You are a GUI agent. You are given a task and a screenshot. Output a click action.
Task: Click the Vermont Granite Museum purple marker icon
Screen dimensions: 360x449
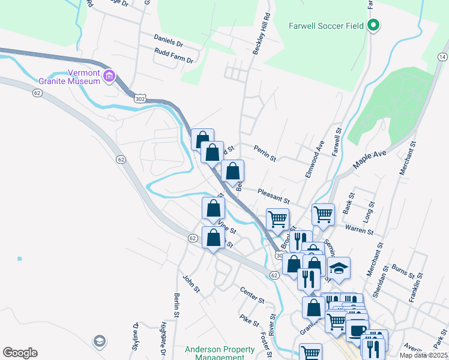click(x=109, y=76)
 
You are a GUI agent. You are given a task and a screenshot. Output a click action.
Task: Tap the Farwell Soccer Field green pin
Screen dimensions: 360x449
click(x=373, y=25)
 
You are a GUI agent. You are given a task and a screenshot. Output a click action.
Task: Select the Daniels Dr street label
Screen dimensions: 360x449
click(x=168, y=43)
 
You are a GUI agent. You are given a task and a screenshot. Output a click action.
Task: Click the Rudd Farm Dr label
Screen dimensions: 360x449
click(x=173, y=60)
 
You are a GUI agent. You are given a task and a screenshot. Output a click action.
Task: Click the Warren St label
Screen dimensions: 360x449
click(x=360, y=229)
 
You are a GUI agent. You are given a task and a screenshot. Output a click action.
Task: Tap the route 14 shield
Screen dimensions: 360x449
click(x=442, y=56)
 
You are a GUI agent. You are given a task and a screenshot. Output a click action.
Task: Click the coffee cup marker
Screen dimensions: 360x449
click(x=357, y=330)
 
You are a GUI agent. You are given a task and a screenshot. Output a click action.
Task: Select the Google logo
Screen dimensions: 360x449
click(x=20, y=353)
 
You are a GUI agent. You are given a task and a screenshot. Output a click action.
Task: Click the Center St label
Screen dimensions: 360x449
click(x=252, y=295)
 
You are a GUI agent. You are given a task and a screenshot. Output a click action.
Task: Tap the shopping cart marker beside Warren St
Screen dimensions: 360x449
click(x=323, y=214)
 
